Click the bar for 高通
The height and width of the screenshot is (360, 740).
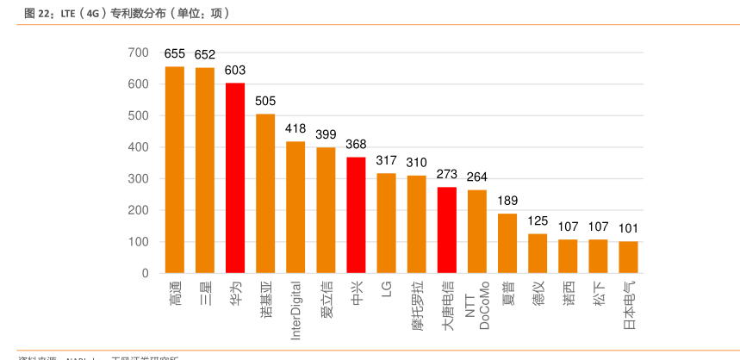(x=175, y=170)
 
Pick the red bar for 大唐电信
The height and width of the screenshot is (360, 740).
(x=447, y=230)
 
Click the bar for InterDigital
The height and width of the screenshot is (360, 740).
(x=295, y=207)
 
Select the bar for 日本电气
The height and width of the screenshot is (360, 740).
(x=628, y=257)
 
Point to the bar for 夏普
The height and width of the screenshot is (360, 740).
(x=507, y=243)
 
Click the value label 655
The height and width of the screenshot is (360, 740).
(x=175, y=53)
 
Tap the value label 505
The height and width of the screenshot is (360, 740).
(x=265, y=101)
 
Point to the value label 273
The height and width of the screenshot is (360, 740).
(x=447, y=174)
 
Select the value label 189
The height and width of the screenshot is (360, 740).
(x=507, y=201)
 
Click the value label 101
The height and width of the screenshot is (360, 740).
(x=628, y=228)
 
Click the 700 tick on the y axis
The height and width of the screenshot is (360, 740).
(x=139, y=53)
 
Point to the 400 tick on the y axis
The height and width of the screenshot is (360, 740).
(x=139, y=147)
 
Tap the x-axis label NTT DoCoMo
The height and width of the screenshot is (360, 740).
(x=476, y=306)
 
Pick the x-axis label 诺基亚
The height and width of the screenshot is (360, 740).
(x=265, y=300)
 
